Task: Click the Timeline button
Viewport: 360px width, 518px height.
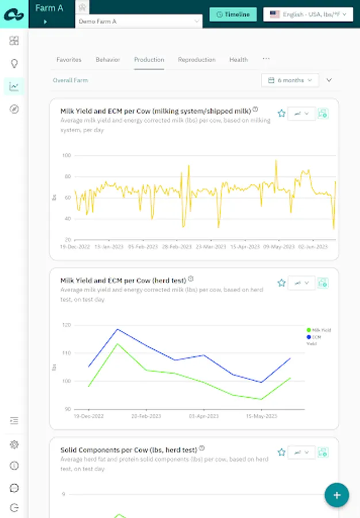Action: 232,14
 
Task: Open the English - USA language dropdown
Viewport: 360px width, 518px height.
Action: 308,14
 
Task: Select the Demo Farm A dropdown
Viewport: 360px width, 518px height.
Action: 139,21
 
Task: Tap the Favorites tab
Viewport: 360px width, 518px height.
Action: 69,60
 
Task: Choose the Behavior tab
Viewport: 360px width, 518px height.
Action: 108,60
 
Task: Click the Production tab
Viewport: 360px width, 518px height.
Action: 149,60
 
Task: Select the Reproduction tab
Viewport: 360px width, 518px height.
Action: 197,60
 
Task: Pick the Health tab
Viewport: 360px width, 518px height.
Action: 239,60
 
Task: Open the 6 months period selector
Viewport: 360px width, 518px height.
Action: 290,81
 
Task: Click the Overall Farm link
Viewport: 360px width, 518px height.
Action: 70,81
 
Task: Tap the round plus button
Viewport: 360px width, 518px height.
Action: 336,495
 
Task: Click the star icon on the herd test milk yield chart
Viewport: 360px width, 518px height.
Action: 282,283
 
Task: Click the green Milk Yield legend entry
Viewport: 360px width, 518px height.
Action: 319,330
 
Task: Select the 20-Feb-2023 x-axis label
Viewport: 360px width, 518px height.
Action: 144,416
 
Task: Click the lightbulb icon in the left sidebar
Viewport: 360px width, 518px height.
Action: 14,63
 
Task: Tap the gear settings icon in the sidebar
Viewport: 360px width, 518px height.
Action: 14,444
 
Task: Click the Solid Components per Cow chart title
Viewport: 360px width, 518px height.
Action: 129,450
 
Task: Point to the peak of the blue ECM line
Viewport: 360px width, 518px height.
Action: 117,329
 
